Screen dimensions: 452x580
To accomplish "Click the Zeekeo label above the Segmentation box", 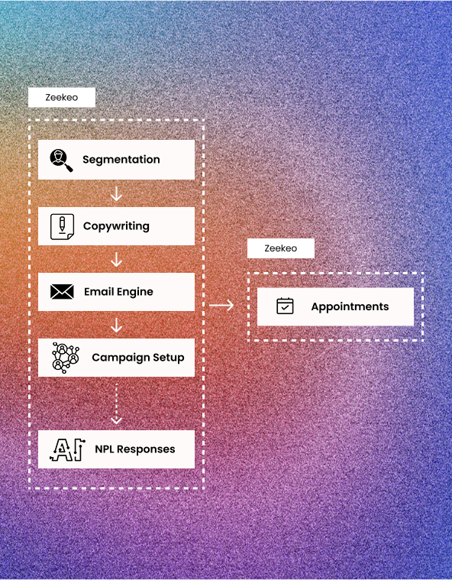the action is (61, 97).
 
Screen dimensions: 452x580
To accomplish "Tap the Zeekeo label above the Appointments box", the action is (280, 248).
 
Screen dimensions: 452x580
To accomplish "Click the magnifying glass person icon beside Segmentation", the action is (61, 160).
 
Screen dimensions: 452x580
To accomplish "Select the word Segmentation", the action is (121, 160).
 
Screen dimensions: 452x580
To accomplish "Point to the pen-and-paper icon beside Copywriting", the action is (62, 226).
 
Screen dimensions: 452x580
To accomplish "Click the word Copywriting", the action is (116, 226).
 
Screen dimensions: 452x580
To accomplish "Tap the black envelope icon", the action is (62, 292).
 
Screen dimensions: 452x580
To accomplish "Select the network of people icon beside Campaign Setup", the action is (66, 358).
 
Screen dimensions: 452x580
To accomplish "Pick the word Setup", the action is (169, 358).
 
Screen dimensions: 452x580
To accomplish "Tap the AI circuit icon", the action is (67, 450).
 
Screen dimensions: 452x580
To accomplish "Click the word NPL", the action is (105, 449).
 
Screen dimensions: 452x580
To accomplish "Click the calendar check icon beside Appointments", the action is (285, 306).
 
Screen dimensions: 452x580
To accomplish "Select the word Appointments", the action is (350, 306).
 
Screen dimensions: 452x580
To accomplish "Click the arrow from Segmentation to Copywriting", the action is (116, 194).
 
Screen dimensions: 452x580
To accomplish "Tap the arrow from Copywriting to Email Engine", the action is (116, 260).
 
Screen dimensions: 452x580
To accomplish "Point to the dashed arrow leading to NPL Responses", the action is (116, 404).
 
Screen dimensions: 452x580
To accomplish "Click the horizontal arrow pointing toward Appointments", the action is (221, 305).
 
